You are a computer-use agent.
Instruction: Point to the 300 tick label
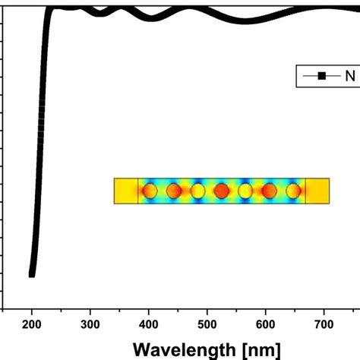(90, 325)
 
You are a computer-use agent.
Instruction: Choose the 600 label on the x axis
(266, 325)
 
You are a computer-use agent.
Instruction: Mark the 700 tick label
(324, 325)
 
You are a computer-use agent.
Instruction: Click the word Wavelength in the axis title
(184, 350)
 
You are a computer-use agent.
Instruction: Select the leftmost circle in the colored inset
(150, 191)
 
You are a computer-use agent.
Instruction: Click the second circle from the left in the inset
(174, 191)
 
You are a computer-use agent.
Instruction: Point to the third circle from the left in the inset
(197, 191)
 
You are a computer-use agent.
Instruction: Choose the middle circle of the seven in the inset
(221, 191)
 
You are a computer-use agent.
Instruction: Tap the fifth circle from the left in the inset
(245, 191)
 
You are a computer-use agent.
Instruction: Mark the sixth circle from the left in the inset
(269, 191)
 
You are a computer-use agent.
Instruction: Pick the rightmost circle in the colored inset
(292, 191)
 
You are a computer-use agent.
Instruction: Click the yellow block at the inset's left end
(125, 191)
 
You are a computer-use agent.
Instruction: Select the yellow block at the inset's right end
(317, 191)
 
